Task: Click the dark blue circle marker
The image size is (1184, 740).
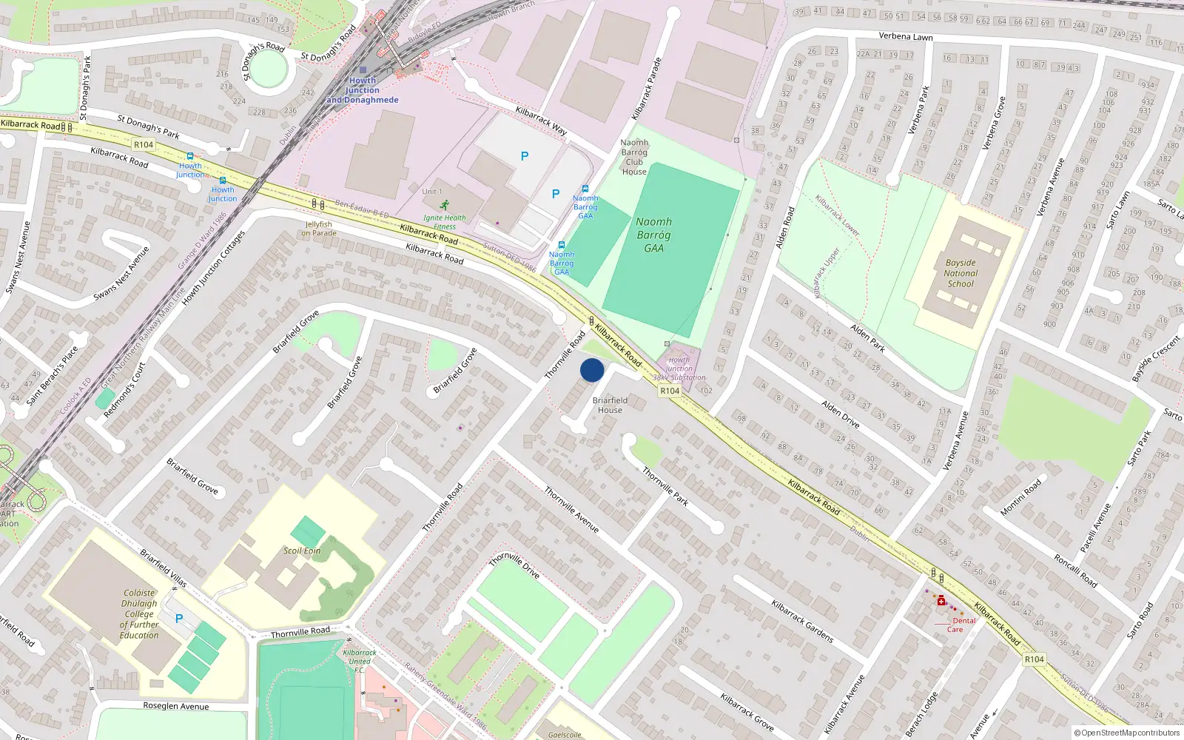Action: point(592,370)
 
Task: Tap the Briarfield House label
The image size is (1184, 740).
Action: point(610,405)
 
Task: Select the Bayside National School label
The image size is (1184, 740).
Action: point(961,273)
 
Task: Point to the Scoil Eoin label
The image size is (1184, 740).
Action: point(302,551)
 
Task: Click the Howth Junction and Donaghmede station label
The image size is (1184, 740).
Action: point(362,90)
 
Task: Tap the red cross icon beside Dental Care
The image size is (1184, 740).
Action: point(941,602)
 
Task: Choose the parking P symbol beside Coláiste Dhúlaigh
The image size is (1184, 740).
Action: point(178,619)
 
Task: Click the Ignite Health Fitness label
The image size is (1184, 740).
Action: point(445,222)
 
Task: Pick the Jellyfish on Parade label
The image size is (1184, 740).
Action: point(318,229)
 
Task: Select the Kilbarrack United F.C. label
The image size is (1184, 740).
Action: point(360,661)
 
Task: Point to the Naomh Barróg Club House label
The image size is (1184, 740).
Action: point(634,157)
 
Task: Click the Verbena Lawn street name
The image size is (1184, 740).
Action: point(906,36)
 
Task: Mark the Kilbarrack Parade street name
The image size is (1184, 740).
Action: point(647,89)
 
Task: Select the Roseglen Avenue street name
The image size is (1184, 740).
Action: point(176,706)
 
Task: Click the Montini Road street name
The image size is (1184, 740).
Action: point(1021,497)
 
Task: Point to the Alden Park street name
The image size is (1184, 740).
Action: point(868,337)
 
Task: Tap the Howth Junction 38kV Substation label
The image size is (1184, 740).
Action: point(679,369)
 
